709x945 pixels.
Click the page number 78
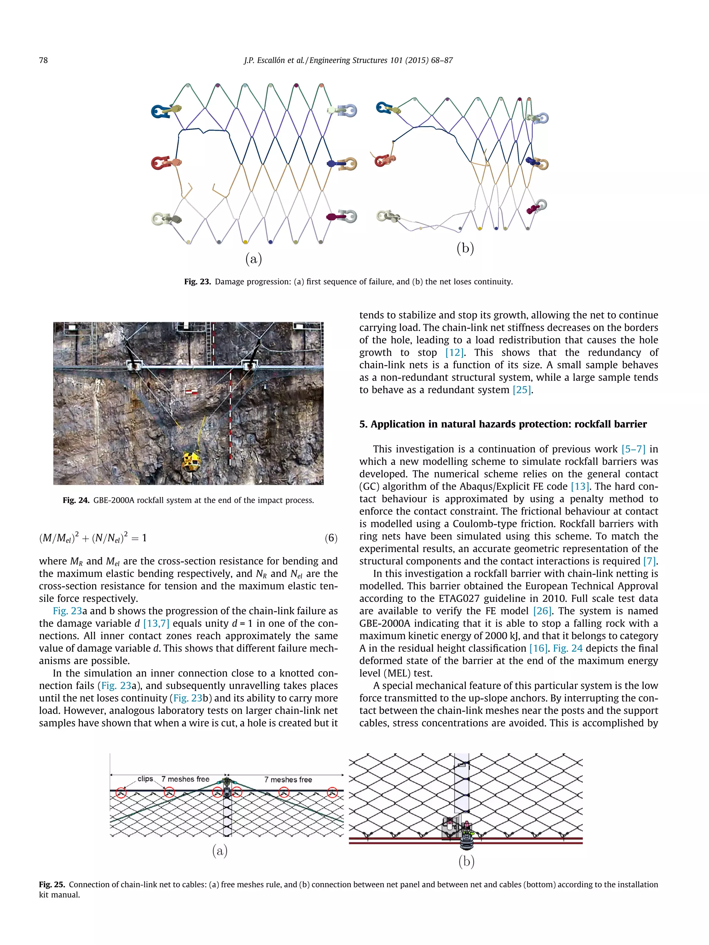pyautogui.click(x=43, y=60)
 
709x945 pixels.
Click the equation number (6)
pyautogui.click(x=331, y=538)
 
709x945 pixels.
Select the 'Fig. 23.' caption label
pyautogui.click(x=197, y=282)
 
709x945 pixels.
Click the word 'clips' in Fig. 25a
pyautogui.click(x=145, y=779)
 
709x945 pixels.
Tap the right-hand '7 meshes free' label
pyautogui.click(x=288, y=780)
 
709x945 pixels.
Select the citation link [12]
pyautogui.click(x=454, y=353)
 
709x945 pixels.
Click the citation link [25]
pyautogui.click(x=521, y=390)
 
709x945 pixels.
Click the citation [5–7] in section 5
pyautogui.click(x=633, y=449)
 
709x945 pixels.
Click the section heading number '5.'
pyautogui.click(x=363, y=424)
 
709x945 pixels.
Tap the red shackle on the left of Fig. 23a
pyautogui.click(x=161, y=163)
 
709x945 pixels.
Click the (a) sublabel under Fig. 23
pyautogui.click(x=253, y=258)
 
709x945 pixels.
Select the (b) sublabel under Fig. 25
pyautogui.click(x=466, y=862)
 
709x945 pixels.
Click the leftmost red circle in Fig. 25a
pyautogui.click(x=122, y=793)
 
